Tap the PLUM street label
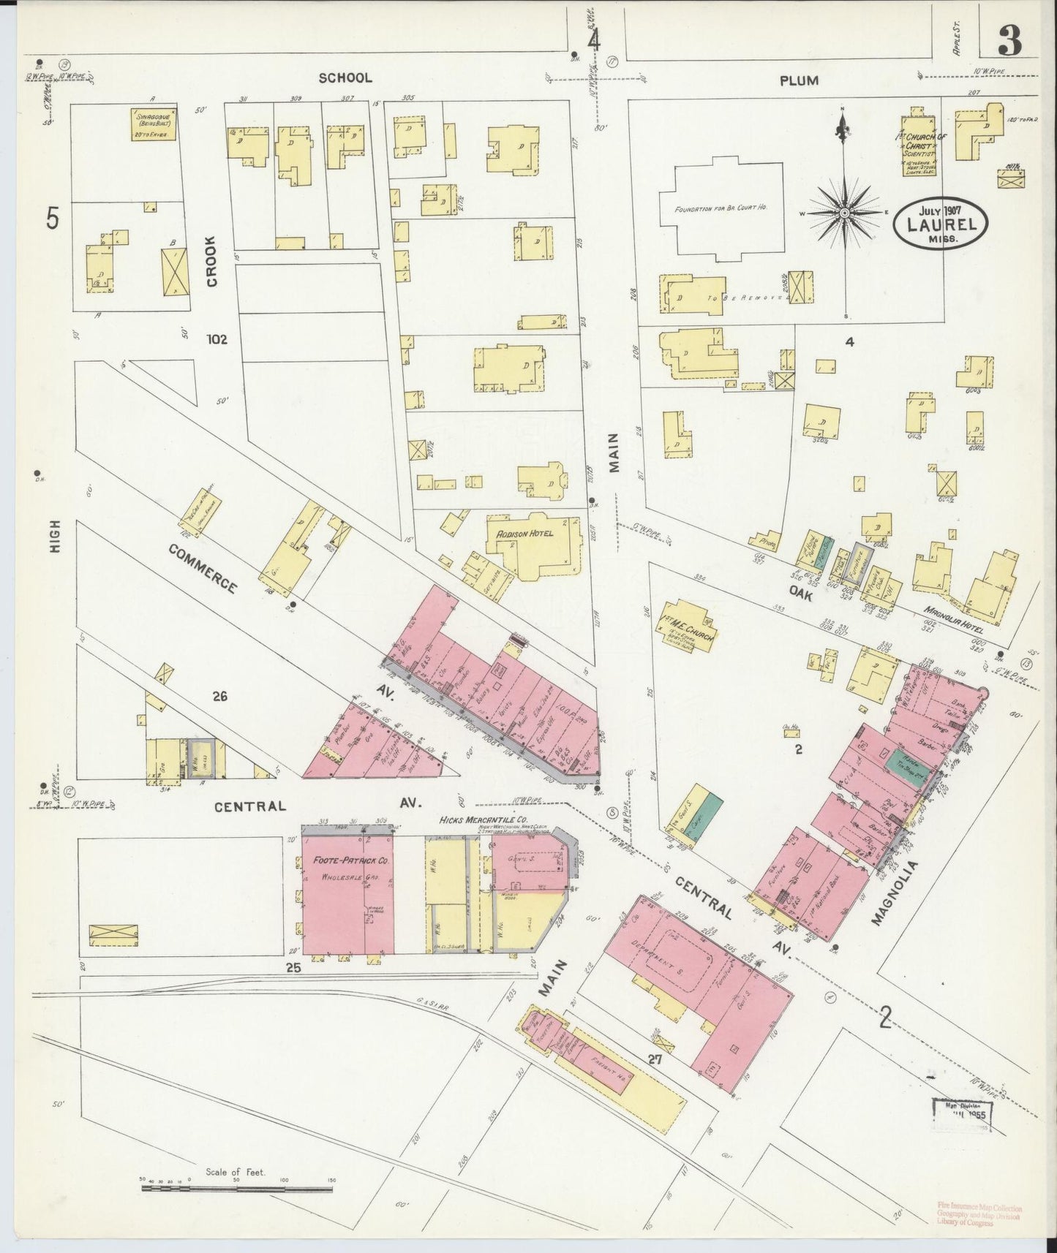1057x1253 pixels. [798, 81]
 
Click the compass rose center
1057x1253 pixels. [844, 213]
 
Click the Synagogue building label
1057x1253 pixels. [155, 124]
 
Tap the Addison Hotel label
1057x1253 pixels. [524, 533]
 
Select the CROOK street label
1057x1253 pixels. [212, 260]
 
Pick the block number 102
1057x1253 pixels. [217, 339]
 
